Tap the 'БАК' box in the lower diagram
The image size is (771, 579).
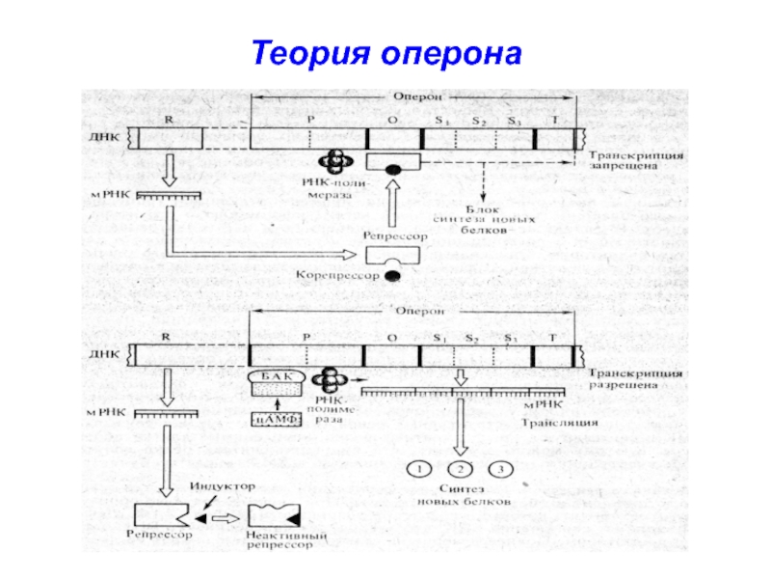(x=278, y=376)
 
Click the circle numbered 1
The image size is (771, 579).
(x=420, y=470)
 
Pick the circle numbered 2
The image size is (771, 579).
(x=461, y=470)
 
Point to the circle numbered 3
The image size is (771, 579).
(x=500, y=470)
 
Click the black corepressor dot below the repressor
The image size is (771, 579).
(x=393, y=276)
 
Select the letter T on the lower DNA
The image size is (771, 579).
(x=552, y=338)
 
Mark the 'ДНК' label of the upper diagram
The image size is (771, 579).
(x=107, y=137)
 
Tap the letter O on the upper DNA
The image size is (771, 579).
(x=392, y=120)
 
